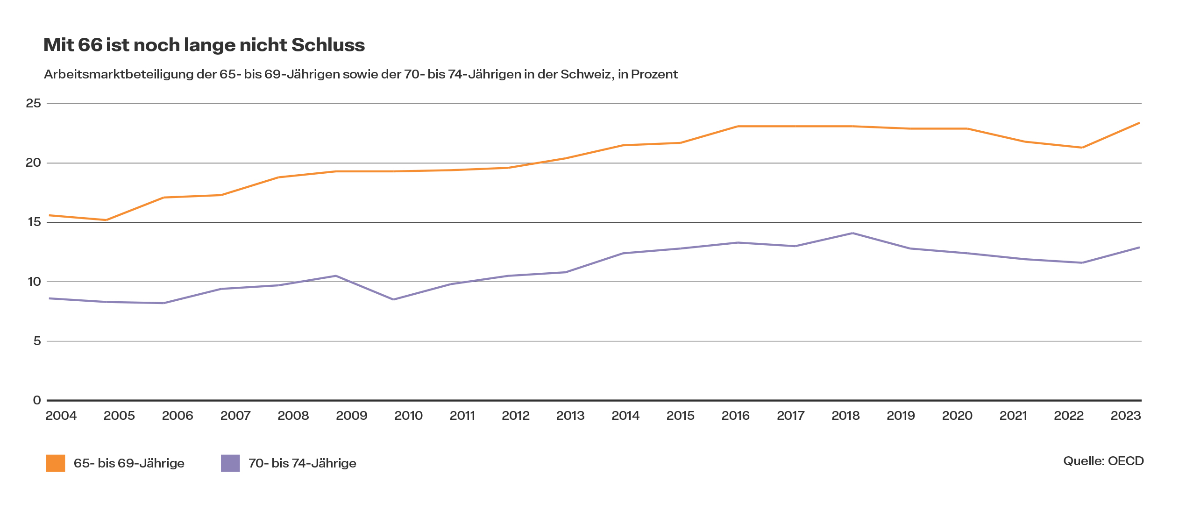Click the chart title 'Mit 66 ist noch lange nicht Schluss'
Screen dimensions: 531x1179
pos(204,45)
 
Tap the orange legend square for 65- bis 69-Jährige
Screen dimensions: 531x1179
pos(56,463)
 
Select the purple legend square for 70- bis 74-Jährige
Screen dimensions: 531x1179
pos(230,463)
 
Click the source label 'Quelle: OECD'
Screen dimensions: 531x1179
pos(1103,461)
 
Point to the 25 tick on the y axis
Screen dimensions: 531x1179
pos(34,103)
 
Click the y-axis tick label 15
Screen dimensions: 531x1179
pos(34,222)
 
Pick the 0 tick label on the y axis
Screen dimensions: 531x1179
pos(37,400)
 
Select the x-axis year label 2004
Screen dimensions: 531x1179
pos(61,416)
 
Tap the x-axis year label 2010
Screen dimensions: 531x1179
pos(408,416)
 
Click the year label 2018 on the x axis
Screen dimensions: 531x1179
pos(845,416)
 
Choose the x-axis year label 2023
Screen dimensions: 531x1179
pos(1126,416)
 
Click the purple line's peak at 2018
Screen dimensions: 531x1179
pos(852,233)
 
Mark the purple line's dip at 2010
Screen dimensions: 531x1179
pos(393,299)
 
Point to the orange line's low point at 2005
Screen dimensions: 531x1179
pos(106,220)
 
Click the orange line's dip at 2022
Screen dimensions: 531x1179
pos(1082,148)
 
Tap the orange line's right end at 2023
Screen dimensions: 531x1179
pos(1139,123)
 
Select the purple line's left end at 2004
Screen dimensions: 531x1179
pos(50,298)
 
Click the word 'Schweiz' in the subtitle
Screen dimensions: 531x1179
pos(585,74)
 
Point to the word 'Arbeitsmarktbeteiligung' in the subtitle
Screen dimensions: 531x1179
pos(119,74)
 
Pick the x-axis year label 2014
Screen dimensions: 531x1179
pos(625,416)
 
